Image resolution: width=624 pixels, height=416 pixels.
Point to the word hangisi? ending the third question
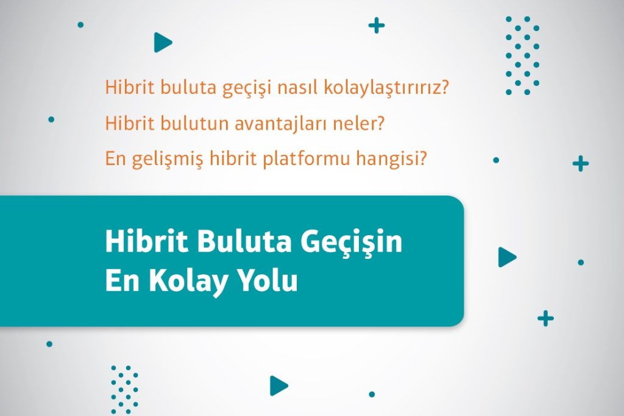click(x=391, y=159)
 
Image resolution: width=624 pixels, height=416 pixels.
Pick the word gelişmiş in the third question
click(x=167, y=159)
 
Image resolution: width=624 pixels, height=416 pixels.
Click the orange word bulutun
click(x=194, y=123)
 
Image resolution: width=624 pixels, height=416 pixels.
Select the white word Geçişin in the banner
click(x=351, y=242)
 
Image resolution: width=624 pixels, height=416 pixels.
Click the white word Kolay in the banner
click(x=189, y=281)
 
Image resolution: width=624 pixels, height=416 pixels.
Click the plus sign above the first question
click(x=377, y=26)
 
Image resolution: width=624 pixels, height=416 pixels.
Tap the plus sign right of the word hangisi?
click(x=581, y=163)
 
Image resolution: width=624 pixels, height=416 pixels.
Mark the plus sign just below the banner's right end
click(x=545, y=319)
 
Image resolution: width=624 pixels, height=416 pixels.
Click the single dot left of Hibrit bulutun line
click(x=51, y=119)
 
